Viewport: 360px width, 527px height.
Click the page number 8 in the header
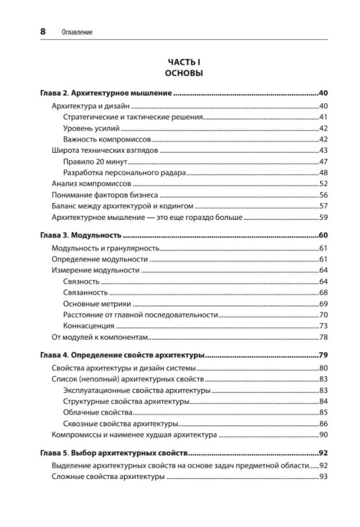(43, 31)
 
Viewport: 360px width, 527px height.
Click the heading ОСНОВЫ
(183, 73)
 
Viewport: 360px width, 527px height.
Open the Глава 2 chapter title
(106, 94)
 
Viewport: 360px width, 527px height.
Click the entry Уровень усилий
(91, 128)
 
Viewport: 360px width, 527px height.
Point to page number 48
(324, 173)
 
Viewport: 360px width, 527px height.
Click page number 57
(324, 206)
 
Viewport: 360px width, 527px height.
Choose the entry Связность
(81, 281)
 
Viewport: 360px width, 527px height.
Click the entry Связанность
(84, 293)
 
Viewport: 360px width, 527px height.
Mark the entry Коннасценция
(88, 326)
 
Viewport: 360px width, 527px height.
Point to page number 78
(324, 337)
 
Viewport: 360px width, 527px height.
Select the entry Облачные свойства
(98, 412)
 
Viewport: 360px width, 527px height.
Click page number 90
(324, 435)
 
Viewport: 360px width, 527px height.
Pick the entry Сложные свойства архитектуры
(108, 477)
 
